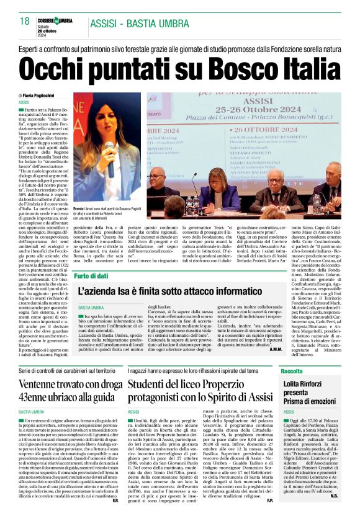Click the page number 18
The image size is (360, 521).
(24, 22)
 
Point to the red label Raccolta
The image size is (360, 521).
(291, 370)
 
